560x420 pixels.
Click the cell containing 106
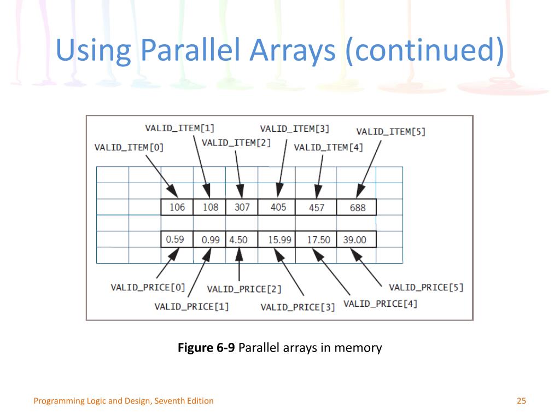point(177,207)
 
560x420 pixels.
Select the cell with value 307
point(242,207)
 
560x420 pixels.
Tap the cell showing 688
point(357,207)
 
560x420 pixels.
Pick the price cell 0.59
point(177,240)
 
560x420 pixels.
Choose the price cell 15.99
point(277,240)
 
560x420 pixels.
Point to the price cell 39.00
point(357,240)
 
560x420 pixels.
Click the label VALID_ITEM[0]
point(129,148)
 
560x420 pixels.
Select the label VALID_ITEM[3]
point(295,129)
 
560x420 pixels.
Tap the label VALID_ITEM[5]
point(391,132)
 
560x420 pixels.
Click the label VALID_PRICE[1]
point(192,307)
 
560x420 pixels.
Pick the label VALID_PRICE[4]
point(381,304)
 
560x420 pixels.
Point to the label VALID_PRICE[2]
point(244,289)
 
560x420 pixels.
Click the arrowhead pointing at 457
point(318,192)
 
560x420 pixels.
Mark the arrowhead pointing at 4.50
point(240,254)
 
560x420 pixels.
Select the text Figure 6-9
point(206,347)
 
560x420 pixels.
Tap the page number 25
point(521,401)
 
